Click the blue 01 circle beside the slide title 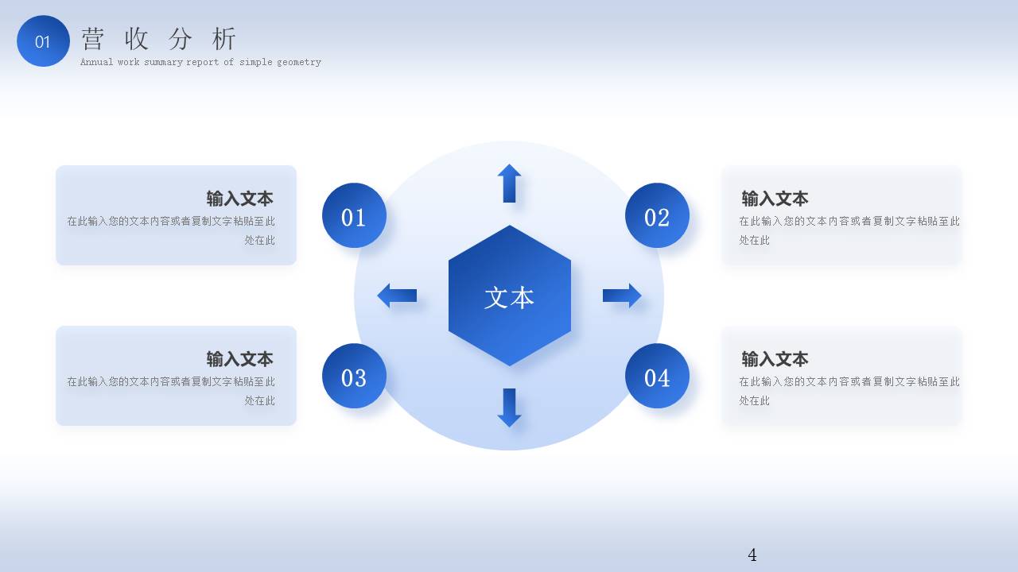tap(43, 41)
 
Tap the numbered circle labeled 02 tap(657, 215)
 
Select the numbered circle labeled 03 tap(355, 376)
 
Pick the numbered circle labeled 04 tap(657, 376)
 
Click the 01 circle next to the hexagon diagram tap(355, 215)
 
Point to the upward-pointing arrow tap(509, 183)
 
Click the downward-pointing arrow tap(509, 408)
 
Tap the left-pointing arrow tap(397, 296)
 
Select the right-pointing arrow tap(622, 296)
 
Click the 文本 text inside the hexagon tap(509, 297)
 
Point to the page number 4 tap(752, 555)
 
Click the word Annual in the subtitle tap(96, 62)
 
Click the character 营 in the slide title tap(93, 39)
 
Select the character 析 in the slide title tap(224, 39)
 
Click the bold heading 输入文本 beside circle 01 tap(239, 199)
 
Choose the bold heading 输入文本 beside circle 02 tap(775, 199)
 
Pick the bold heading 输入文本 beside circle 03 tap(239, 359)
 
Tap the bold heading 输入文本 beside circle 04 tap(775, 359)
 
